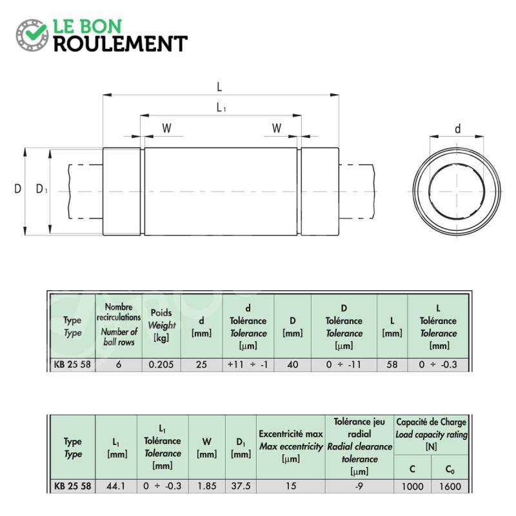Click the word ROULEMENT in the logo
[x=121, y=44]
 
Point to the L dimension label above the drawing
[x=219, y=87]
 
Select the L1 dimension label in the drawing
[x=221, y=107]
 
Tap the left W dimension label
[x=167, y=128]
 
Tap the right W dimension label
[x=277, y=128]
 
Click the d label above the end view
[x=457, y=128]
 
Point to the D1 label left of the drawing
[x=41, y=189]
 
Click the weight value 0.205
[x=161, y=364]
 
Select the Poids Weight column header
[x=161, y=325]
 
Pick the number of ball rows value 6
[x=119, y=364]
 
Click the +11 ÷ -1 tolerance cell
[x=248, y=364]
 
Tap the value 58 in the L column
[x=392, y=364]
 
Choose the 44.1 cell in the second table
[x=116, y=486]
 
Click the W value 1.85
[x=206, y=486]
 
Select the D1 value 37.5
[x=241, y=486]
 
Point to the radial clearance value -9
[x=359, y=486]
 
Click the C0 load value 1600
[x=450, y=486]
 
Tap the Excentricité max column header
[x=291, y=433]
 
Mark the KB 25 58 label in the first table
[x=72, y=364]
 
